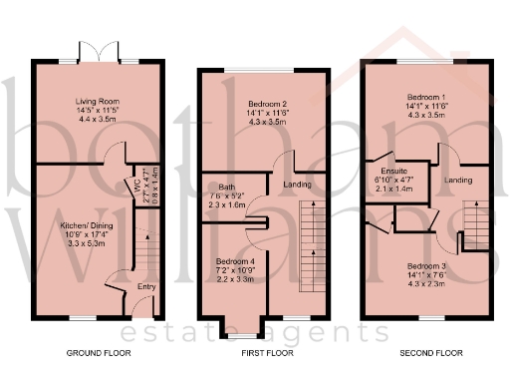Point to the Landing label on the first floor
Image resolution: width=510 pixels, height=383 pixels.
coord(297,186)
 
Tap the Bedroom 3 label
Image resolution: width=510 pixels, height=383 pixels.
coord(430,267)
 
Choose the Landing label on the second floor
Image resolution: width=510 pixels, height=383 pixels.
coord(458,180)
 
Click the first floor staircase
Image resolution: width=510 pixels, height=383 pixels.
coord(311,244)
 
